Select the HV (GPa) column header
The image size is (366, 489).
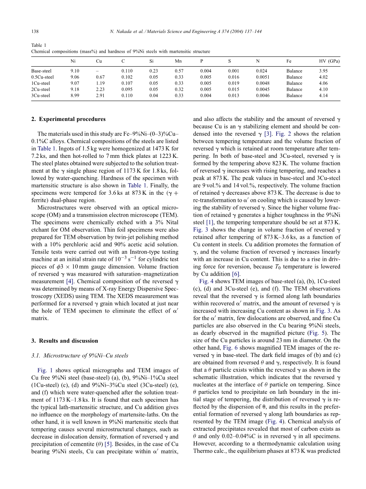tap(329, 61)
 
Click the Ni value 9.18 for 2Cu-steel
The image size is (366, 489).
tap(75, 89)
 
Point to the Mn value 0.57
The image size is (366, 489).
tap(179, 71)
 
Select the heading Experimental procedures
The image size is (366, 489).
tap(71, 119)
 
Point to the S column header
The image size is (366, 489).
tap(229, 61)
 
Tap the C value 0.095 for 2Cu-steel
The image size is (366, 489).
tap(127, 89)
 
